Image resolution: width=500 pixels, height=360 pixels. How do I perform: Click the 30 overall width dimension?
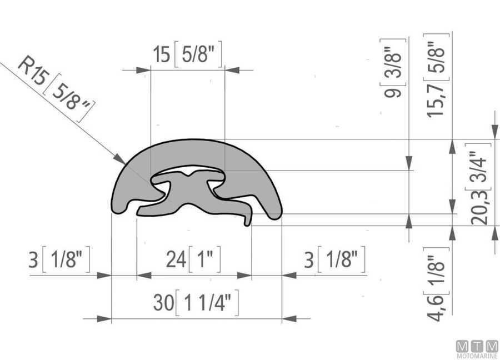point(163,302)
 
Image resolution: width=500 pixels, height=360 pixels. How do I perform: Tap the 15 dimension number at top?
point(162,54)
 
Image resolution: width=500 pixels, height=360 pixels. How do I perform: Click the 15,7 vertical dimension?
point(436,99)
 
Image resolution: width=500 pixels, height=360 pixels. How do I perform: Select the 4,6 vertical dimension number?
point(436,307)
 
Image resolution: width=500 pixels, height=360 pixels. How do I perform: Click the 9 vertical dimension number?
point(393,92)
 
